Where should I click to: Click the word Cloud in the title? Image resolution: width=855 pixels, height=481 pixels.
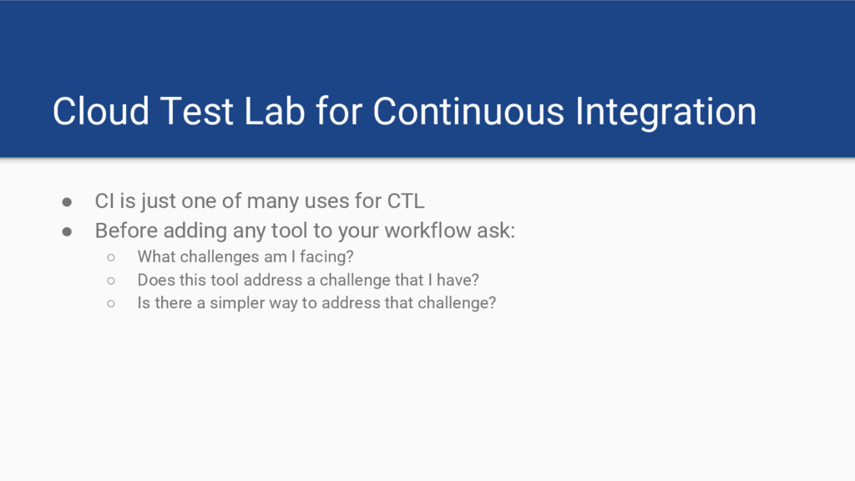[x=101, y=111]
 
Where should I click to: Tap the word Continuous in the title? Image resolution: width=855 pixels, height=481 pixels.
[x=468, y=111]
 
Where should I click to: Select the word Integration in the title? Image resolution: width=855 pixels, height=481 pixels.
[x=665, y=113]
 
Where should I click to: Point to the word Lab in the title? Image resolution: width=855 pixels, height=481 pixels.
[x=274, y=111]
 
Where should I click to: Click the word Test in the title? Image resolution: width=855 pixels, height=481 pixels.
[x=197, y=111]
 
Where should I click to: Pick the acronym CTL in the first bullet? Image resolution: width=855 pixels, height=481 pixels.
[x=406, y=201]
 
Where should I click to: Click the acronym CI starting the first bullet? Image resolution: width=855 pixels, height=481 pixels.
[x=104, y=201]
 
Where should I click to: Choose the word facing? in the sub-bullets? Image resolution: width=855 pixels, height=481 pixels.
[x=326, y=257]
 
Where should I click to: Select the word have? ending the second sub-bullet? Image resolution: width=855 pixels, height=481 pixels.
[x=458, y=280]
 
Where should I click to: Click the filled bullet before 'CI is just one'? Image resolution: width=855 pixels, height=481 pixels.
[x=67, y=202]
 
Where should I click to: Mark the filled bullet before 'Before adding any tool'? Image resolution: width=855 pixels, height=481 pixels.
[x=67, y=232]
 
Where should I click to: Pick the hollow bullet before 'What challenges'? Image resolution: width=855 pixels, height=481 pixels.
[x=111, y=257]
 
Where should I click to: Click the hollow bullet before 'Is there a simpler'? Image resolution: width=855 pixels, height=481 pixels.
[x=111, y=304]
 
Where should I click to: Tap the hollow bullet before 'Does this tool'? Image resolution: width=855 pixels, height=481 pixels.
[x=111, y=281]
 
